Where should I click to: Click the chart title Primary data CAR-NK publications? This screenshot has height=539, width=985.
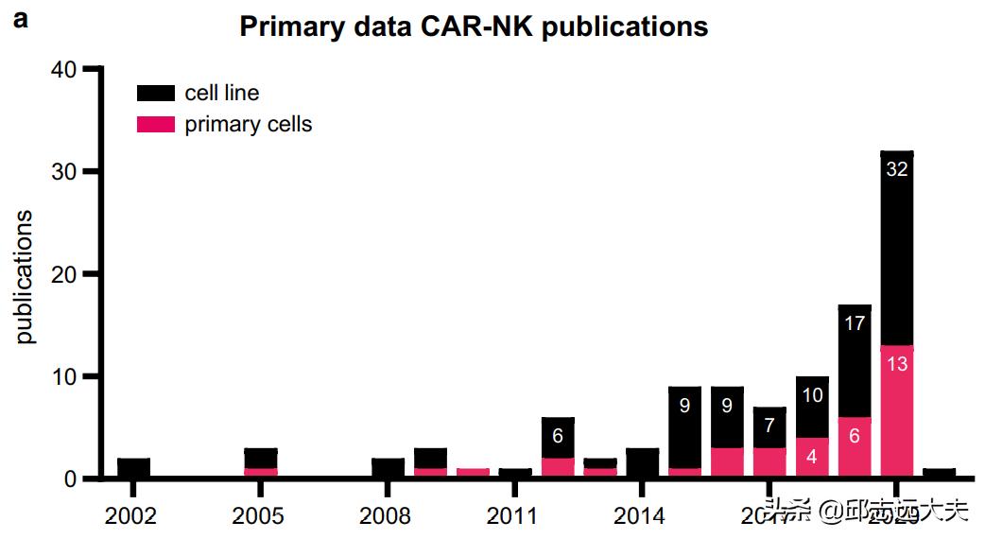click(x=474, y=26)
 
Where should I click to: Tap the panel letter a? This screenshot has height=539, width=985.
click(x=21, y=20)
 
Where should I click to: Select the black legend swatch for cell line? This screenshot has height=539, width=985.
click(x=155, y=93)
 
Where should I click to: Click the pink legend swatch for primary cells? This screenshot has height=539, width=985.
click(x=155, y=124)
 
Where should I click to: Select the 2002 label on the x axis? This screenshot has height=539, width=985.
click(x=132, y=516)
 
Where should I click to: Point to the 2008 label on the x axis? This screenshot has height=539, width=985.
click(x=387, y=516)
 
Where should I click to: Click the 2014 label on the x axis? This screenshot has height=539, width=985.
click(x=641, y=516)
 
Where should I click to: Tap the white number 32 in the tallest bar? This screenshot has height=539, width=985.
click(x=896, y=170)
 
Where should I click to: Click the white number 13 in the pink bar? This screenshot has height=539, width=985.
click(x=896, y=363)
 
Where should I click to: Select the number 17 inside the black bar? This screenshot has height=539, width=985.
click(x=855, y=323)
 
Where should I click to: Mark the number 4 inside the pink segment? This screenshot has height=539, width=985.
click(x=812, y=456)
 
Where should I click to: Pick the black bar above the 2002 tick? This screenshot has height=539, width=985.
click(x=133, y=468)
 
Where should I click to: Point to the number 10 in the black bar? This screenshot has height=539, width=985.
click(x=812, y=395)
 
